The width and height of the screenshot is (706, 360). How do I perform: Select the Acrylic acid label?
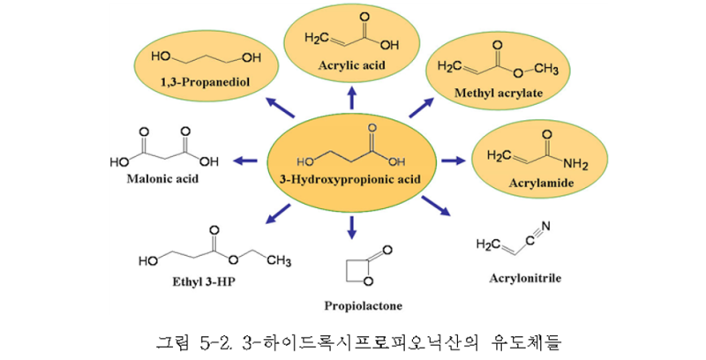pyautogui.click(x=351, y=65)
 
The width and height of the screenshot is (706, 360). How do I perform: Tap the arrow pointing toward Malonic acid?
pyautogui.click(x=245, y=161)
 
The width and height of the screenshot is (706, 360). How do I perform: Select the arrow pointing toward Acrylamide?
pyautogui.click(x=453, y=161)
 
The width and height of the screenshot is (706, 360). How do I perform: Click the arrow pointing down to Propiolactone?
pyautogui.click(x=352, y=227)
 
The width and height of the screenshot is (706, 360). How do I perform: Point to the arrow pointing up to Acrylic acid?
pyautogui.click(x=352, y=99)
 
